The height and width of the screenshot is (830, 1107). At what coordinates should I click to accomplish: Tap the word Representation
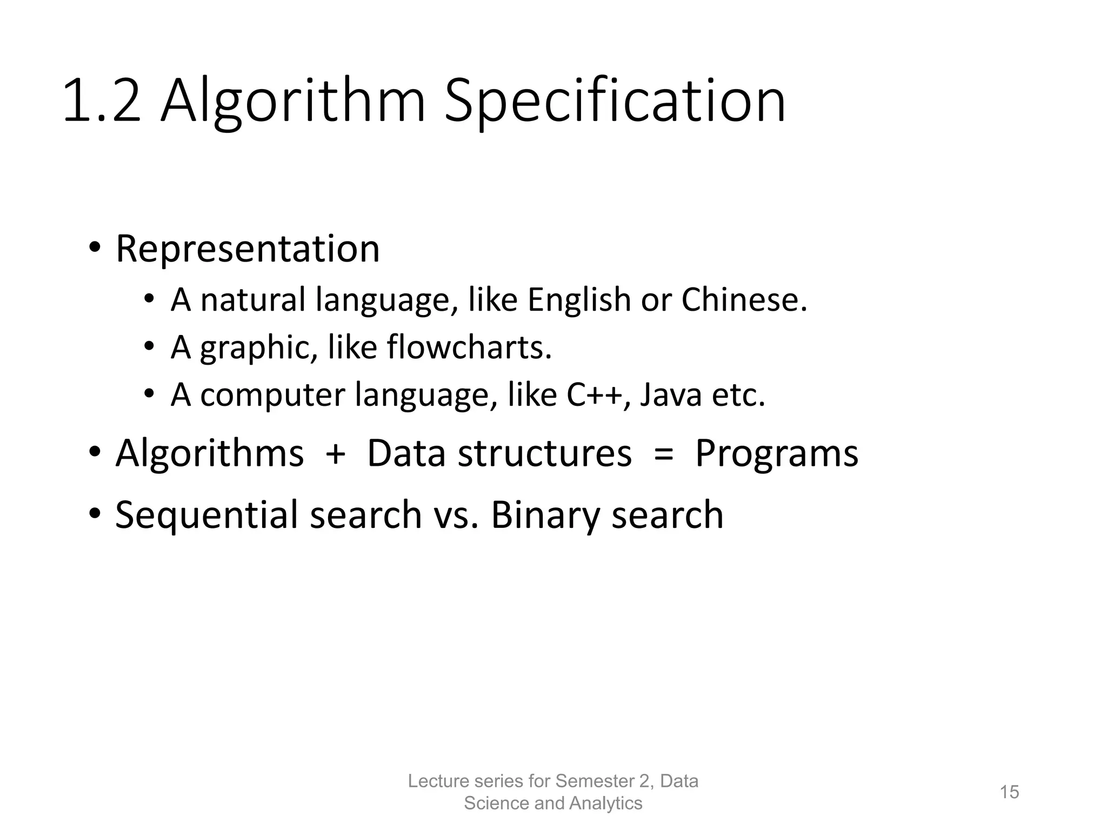pos(248,249)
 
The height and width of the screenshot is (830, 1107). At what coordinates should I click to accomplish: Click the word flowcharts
pos(469,347)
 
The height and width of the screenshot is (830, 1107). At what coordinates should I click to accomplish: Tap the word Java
pos(671,394)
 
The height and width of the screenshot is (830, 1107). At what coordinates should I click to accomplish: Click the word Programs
pos(776,453)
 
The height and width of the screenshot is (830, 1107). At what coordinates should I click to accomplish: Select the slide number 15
pos(1009,792)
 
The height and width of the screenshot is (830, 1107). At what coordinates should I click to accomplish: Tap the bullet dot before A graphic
pos(149,347)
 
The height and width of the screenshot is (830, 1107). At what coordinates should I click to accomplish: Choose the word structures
pos(545,453)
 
